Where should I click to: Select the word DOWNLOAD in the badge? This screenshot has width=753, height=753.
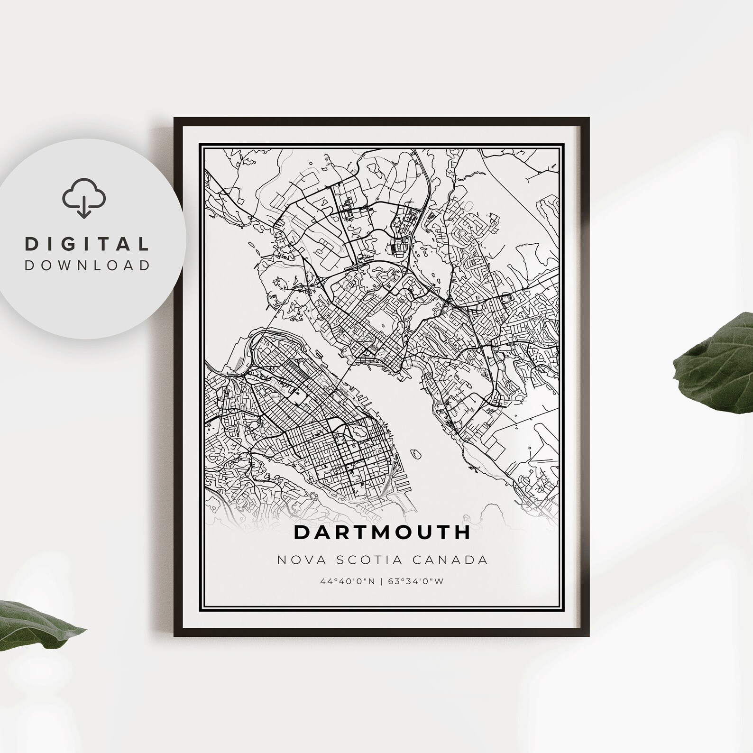point(87,265)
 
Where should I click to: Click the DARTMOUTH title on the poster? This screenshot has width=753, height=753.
point(382,532)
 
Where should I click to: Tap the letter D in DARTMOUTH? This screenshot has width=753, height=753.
point(302,532)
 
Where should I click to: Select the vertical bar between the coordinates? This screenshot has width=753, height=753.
point(382,582)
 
